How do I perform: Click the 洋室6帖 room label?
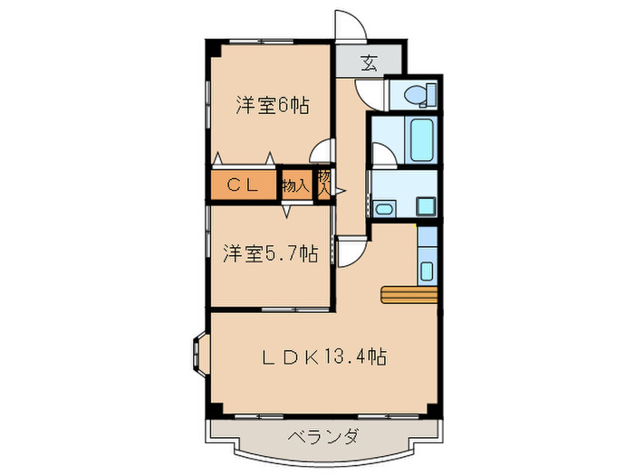point(273,106)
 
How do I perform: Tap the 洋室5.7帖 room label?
point(269,254)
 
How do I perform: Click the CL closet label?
point(244,185)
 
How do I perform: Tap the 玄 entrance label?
point(369,63)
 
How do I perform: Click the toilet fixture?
point(419,94)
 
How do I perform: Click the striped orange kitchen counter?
point(409,294)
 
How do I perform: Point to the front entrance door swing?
point(349,26)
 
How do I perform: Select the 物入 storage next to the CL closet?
point(295,185)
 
